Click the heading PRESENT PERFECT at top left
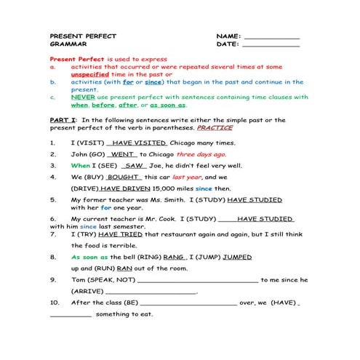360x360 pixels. (77, 36)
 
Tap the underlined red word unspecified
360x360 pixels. (91, 74)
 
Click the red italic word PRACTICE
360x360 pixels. (215, 127)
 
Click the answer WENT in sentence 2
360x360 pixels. (123, 155)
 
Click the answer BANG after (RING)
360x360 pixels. (174, 257)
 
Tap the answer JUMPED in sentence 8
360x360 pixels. (237, 257)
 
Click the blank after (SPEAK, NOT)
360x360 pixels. (197, 280)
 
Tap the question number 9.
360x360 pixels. (53, 279)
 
